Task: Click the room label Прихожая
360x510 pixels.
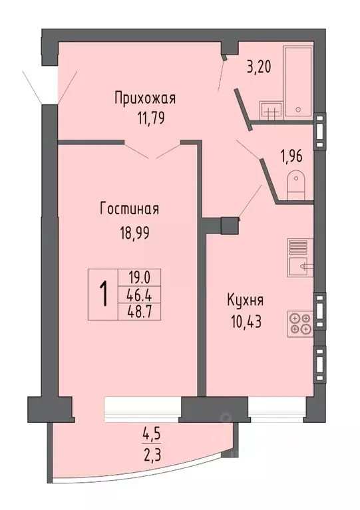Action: [x=144, y=100]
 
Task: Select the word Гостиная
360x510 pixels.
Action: [x=129, y=209]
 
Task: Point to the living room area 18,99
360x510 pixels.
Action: [x=129, y=233]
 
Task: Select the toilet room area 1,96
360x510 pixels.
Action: [x=291, y=158]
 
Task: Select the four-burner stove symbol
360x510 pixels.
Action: [x=299, y=323]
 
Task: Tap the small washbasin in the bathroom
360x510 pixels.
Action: [x=270, y=110]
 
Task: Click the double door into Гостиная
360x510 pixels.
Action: [x=152, y=150]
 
